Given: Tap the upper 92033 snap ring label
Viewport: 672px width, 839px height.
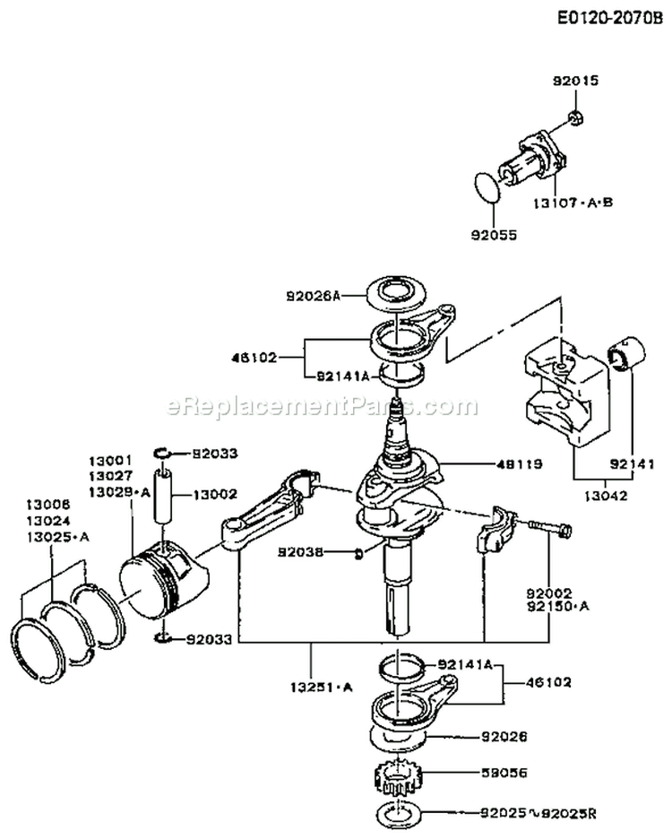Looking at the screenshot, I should click(x=213, y=454).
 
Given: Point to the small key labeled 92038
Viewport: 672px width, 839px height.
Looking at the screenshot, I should click(x=359, y=551).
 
